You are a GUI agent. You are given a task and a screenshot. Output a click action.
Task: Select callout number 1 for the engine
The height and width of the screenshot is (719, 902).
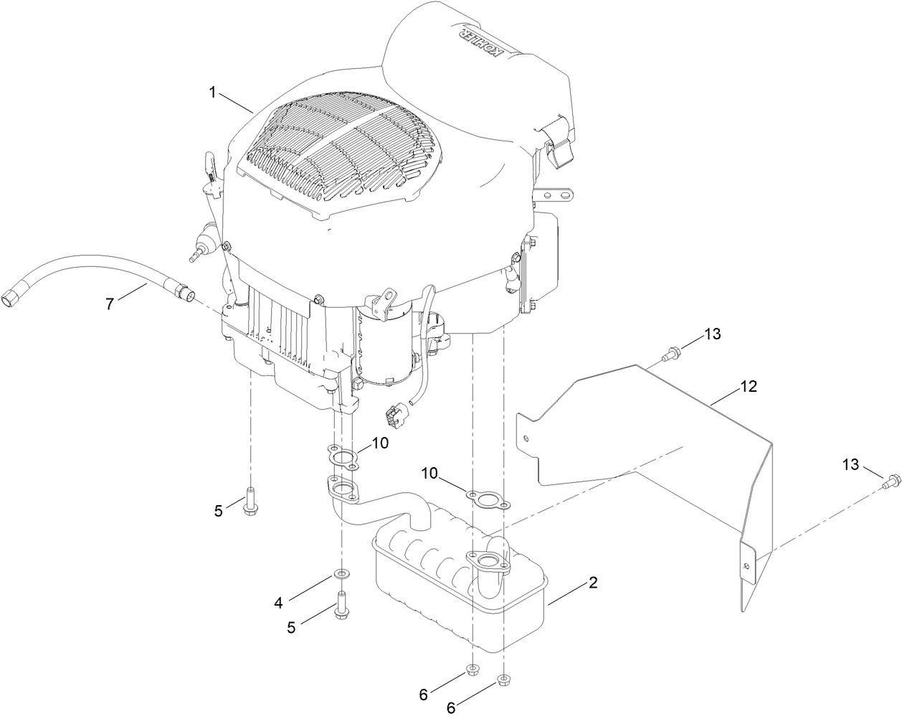point(212,92)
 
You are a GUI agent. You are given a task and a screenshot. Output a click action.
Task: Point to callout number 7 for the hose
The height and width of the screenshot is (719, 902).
point(110,304)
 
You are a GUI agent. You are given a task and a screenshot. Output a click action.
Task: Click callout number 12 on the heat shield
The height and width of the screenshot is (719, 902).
point(748,387)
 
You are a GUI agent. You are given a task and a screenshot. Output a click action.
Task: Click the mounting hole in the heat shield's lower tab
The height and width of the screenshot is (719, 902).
point(748,567)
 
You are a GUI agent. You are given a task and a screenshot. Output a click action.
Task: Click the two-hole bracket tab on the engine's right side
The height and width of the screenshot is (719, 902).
point(555,195)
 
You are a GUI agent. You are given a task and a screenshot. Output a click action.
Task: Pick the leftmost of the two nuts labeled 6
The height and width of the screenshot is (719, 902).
point(471,669)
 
